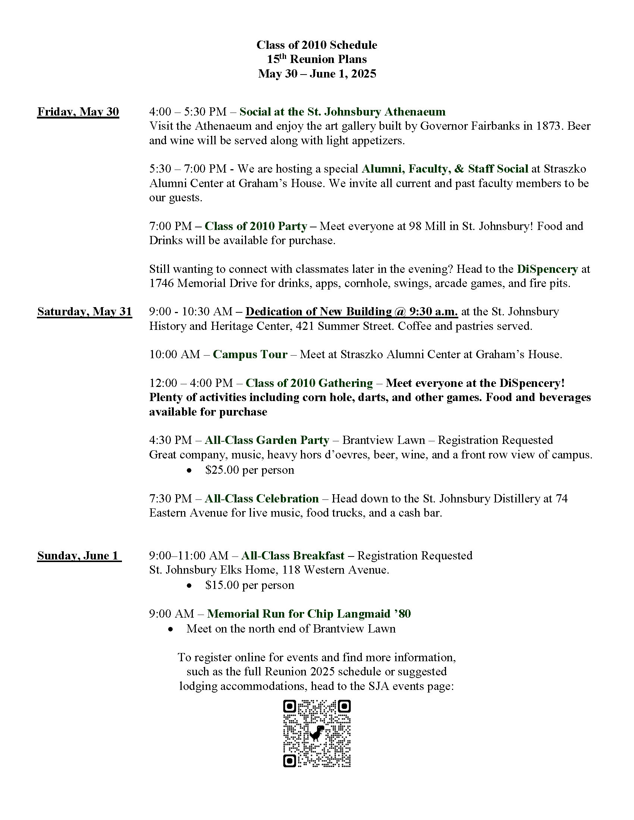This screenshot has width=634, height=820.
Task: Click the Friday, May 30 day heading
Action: click(x=78, y=112)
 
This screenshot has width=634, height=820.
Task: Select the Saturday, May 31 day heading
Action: click(x=85, y=312)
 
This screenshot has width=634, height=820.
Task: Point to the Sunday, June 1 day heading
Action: click(x=79, y=556)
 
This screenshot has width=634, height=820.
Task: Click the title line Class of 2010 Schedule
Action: click(x=317, y=45)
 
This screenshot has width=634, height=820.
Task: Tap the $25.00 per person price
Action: click(x=249, y=470)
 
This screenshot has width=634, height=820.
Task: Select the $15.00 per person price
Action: click(x=249, y=585)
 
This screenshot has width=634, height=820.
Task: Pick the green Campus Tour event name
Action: click(x=250, y=354)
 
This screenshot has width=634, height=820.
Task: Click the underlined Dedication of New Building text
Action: click(x=352, y=312)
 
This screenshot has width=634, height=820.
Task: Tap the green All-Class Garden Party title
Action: click(x=267, y=440)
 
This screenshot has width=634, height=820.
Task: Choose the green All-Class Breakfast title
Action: click(x=293, y=556)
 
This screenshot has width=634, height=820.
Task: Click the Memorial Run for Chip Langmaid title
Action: click(x=309, y=614)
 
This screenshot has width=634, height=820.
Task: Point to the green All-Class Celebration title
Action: click(x=261, y=499)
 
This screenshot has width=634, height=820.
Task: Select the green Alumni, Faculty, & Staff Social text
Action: click(x=445, y=169)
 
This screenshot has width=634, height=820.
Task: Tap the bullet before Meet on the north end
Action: click(x=171, y=629)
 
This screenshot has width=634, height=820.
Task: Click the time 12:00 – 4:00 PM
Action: click(x=191, y=383)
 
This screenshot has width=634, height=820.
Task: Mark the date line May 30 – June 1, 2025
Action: click(x=317, y=73)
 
